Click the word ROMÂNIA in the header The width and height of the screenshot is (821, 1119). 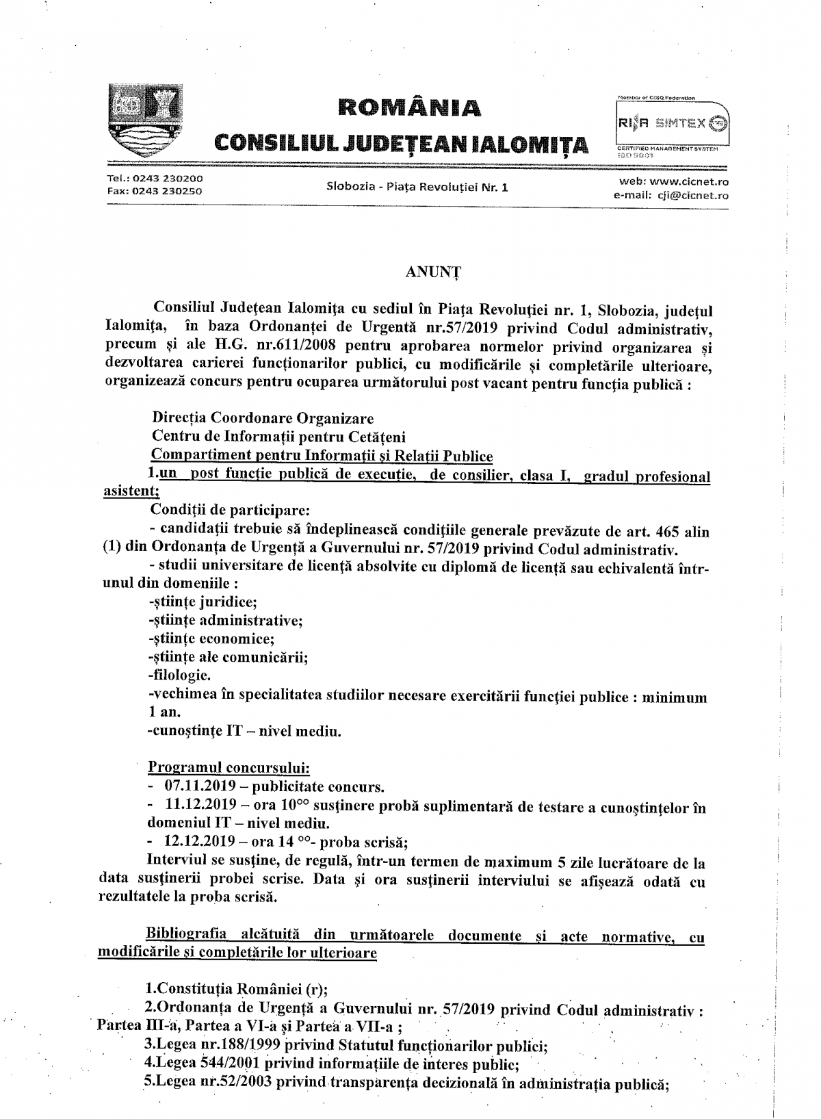point(410,107)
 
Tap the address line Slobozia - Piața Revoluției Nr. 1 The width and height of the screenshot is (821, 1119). point(417,186)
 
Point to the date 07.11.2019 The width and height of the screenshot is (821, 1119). point(200,786)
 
